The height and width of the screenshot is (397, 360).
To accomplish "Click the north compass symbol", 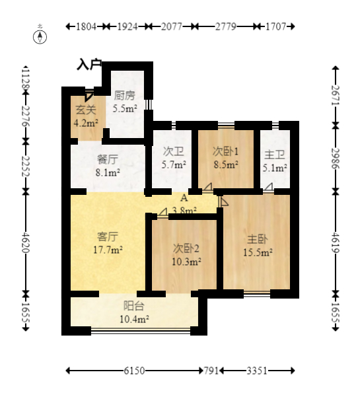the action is (x=40, y=37).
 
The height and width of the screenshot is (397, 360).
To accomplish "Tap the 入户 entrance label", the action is (x=89, y=64).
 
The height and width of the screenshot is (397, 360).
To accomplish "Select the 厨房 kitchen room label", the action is (x=125, y=96).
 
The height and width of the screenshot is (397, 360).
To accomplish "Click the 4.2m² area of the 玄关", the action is (x=86, y=123).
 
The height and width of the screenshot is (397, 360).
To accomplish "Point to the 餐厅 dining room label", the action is (x=108, y=159).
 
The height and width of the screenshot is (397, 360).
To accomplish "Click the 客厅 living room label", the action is (x=108, y=237).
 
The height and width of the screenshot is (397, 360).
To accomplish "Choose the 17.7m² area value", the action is (x=108, y=250).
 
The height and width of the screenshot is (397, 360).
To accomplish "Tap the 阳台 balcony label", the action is (x=134, y=306).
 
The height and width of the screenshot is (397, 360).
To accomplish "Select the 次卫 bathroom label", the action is (x=174, y=151).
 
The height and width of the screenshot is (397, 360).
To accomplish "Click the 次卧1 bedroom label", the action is (x=225, y=151).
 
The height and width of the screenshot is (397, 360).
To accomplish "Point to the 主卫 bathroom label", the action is (x=275, y=155).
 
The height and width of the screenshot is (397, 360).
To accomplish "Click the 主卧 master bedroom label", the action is (x=258, y=239).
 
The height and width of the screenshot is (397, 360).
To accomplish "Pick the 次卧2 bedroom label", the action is (x=186, y=248).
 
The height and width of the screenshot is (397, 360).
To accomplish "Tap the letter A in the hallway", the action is (x=184, y=198).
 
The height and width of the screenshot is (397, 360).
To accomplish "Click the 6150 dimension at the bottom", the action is (x=134, y=371).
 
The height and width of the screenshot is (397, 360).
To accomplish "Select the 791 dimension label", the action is (x=211, y=371).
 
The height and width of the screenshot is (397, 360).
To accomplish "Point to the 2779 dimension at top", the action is (x=225, y=26).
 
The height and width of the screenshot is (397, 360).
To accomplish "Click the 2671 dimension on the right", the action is (x=336, y=95).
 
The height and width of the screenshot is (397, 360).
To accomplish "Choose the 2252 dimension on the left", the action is (x=26, y=166).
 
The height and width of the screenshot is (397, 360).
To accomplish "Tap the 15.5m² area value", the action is (x=258, y=252).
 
